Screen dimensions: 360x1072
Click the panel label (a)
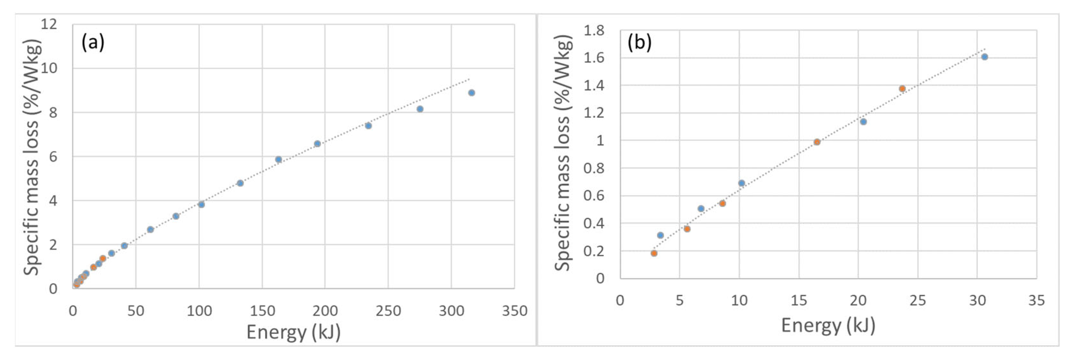pyautogui.click(x=93, y=43)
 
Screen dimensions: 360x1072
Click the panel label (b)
pyautogui.click(x=639, y=43)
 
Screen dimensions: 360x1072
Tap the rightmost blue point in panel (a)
pyautogui.click(x=472, y=93)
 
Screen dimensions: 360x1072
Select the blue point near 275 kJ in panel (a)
pyautogui.click(x=420, y=109)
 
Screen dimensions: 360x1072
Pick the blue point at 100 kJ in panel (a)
pyautogui.click(x=201, y=204)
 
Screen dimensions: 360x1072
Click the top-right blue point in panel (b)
pyautogui.click(x=985, y=57)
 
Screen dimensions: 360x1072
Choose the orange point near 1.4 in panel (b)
pyautogui.click(x=902, y=89)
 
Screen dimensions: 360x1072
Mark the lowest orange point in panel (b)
pyautogui.click(x=654, y=253)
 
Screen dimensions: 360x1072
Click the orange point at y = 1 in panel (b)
pyautogui.click(x=817, y=142)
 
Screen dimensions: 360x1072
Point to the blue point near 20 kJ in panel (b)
pyautogui.click(x=863, y=122)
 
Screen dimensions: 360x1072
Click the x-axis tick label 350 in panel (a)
pyautogui.click(x=514, y=311)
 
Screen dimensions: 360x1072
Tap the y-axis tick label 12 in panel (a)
pyautogui.click(x=49, y=24)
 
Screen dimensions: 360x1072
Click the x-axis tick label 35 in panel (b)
pyautogui.click(x=1036, y=300)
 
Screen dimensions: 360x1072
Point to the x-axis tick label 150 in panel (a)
pyautogui.click(x=262, y=311)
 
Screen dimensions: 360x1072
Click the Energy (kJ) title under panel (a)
pyautogui.click(x=293, y=332)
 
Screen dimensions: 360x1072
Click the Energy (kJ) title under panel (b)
pyautogui.click(x=828, y=325)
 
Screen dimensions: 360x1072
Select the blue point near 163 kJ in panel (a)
pyautogui.click(x=278, y=159)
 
